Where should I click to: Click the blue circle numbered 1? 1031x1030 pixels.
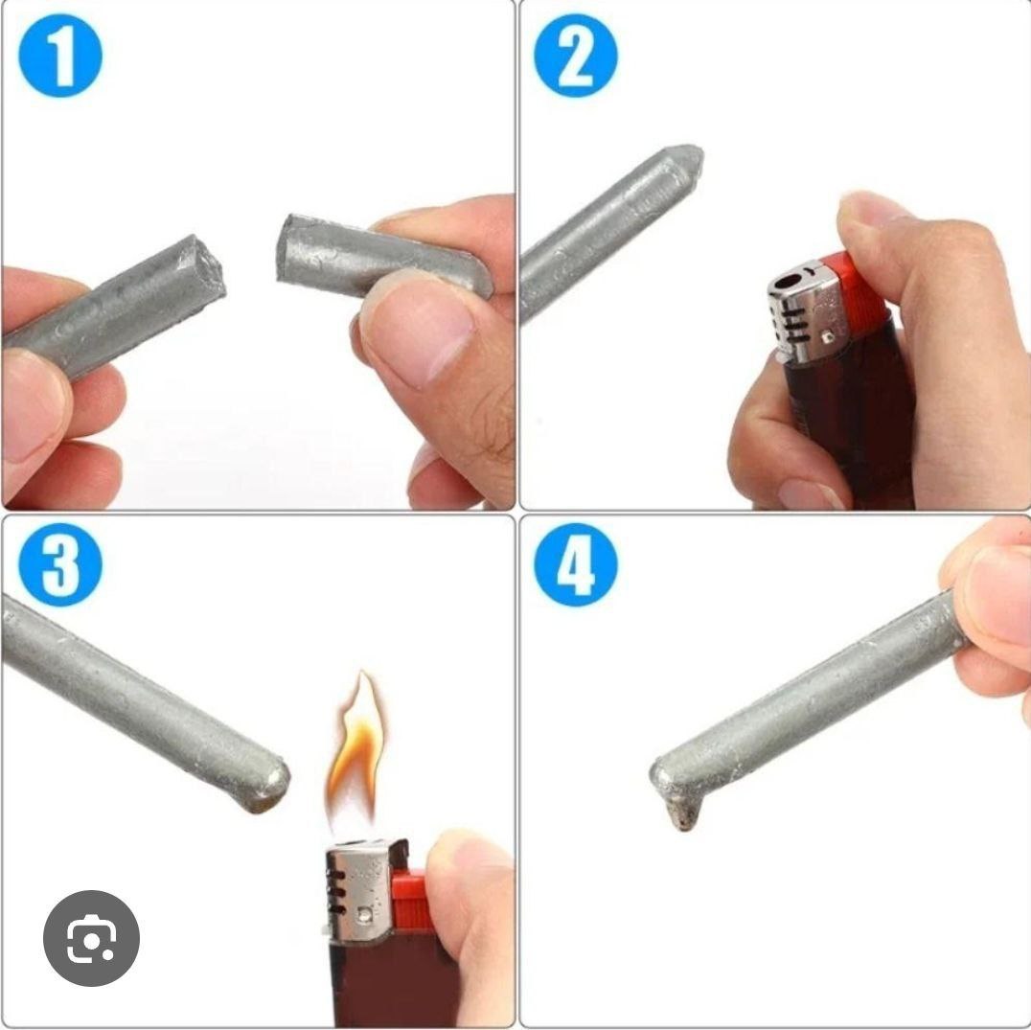tap(60, 56)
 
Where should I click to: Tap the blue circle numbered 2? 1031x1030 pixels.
tap(576, 56)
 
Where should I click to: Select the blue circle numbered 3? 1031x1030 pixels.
tap(60, 564)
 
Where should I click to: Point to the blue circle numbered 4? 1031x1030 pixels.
tap(576, 564)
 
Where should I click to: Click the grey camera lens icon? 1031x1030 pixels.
tap(91, 938)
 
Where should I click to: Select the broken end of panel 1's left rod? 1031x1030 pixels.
tap(206, 266)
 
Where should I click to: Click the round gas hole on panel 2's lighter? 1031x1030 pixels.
tap(787, 282)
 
